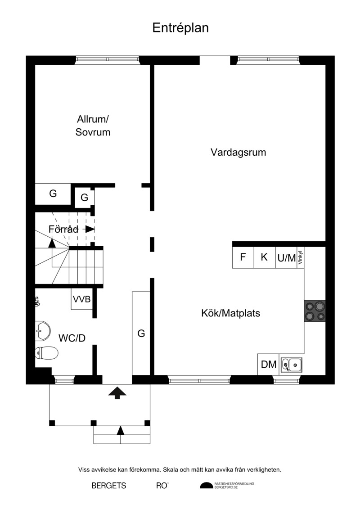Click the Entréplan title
coord(180,28)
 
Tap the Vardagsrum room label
coord(238,153)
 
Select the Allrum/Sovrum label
coord(93,126)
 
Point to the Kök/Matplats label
coord(231,313)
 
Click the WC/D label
coord(72,338)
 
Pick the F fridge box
coord(243,257)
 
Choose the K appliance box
coord(265,257)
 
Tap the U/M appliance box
coord(286,257)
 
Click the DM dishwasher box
coord(269,364)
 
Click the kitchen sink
coord(292,364)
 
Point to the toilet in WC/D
coord(46,353)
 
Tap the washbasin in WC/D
coord(43,331)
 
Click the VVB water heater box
coord(81,299)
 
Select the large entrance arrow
coord(117,392)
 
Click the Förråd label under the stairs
coord(63,230)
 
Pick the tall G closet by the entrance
coord(141,333)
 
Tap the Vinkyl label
coord(300,257)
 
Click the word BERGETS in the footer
coord(109,486)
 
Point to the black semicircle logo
coord(206,486)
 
